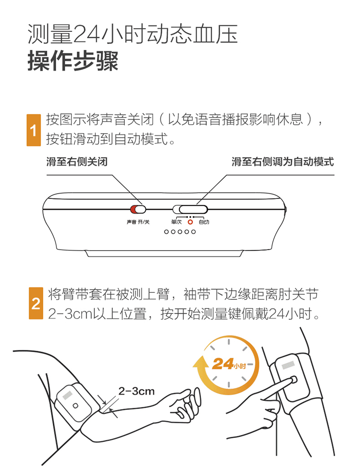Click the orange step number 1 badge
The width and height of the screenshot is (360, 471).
pos(33,130)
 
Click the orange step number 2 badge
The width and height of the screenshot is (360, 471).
pos(36,303)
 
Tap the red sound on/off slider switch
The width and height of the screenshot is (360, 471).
pos(138,209)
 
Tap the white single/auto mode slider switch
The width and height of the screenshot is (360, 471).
pos(190,209)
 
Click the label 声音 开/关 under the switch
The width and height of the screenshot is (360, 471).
pos(138,222)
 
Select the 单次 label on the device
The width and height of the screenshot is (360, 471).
pos(176,222)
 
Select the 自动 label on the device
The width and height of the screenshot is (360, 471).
pos(204,222)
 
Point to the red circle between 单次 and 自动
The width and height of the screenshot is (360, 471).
pos(190,222)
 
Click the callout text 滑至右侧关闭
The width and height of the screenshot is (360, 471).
pos(77,162)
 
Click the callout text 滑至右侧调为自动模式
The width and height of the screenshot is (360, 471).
pos(283,162)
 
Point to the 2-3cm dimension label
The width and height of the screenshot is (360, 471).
pos(136,391)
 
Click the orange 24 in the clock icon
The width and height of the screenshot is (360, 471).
pos(223,364)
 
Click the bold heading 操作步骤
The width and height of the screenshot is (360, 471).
pos(73,61)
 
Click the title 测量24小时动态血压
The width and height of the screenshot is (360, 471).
pos(133,34)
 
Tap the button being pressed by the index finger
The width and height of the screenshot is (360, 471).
pos(293,380)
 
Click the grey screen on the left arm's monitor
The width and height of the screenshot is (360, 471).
pos(67,395)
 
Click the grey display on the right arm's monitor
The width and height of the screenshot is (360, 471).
pos(288,365)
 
